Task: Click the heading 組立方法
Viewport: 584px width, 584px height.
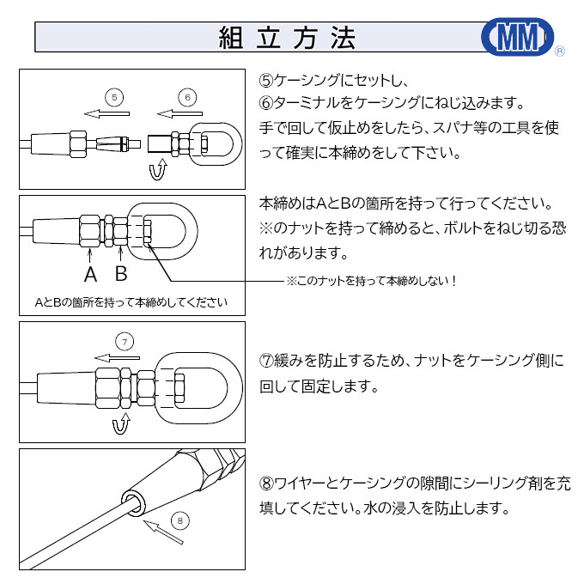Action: pos(287,38)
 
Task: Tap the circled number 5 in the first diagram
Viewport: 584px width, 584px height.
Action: pos(116,96)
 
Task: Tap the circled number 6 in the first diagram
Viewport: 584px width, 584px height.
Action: pos(187,96)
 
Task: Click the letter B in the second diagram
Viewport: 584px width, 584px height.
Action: pos(121,275)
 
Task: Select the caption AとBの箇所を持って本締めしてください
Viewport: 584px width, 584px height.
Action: pos(131,302)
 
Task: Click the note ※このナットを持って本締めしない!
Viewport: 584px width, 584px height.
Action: pos(370,281)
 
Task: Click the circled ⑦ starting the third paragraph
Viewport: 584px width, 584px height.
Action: pos(266,362)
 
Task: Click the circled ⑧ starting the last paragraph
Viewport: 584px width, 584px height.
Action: pos(266,484)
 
